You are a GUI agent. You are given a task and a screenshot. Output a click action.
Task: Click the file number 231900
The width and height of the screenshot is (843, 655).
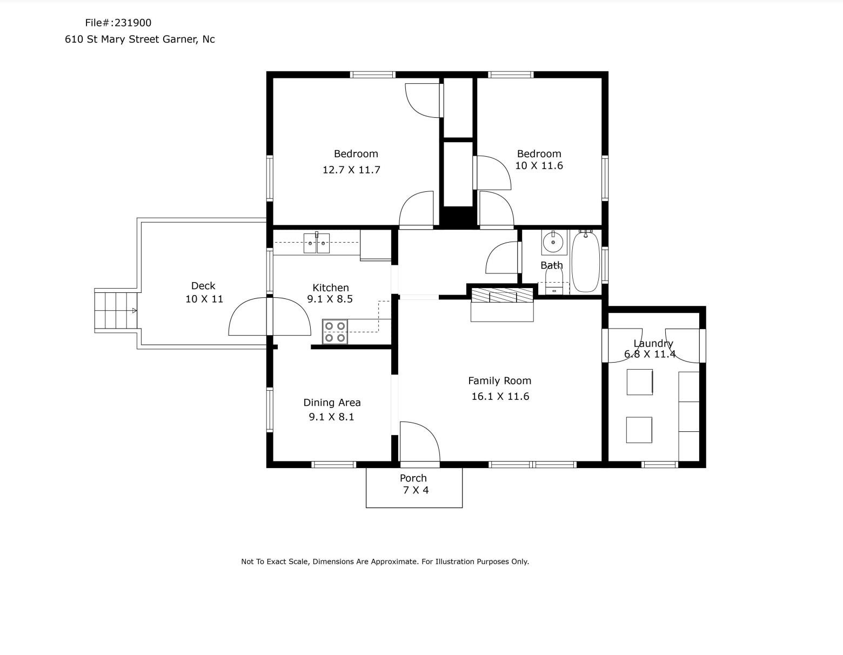[133, 23]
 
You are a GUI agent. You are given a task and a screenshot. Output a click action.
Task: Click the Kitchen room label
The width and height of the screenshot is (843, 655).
[331, 288]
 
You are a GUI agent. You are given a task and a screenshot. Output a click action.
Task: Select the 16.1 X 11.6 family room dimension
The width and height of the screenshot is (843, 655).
[500, 396]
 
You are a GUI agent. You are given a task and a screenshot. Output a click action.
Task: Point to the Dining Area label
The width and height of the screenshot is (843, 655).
[332, 403]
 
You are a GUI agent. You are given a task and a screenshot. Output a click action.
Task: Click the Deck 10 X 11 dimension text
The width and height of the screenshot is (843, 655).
[204, 299]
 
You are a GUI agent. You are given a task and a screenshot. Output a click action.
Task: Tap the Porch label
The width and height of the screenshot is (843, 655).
[413, 478]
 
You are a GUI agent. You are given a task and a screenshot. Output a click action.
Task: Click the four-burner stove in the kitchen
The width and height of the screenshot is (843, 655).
[335, 332]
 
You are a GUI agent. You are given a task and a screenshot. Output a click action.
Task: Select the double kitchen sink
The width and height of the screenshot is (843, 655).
[317, 243]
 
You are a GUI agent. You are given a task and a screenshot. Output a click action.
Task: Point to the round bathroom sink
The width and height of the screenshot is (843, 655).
[553, 242]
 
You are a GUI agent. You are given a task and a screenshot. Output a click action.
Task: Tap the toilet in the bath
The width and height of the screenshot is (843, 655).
[554, 282]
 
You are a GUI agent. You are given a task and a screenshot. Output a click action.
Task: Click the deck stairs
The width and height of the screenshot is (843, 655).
[116, 310]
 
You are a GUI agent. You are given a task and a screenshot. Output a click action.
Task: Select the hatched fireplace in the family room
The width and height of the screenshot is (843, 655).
[502, 296]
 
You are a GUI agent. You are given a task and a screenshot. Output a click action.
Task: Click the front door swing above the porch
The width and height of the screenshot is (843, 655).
[420, 442]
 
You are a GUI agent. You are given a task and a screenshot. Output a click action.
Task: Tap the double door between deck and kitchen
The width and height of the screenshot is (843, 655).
[270, 316]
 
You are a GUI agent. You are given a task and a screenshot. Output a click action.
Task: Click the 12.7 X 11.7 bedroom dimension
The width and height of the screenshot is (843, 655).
[351, 170]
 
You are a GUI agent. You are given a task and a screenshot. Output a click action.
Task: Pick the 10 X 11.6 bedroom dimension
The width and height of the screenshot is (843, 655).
[539, 165]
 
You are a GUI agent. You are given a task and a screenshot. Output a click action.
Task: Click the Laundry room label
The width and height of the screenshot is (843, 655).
[653, 344]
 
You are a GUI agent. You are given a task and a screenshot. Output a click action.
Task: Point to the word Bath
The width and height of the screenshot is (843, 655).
[552, 265]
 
